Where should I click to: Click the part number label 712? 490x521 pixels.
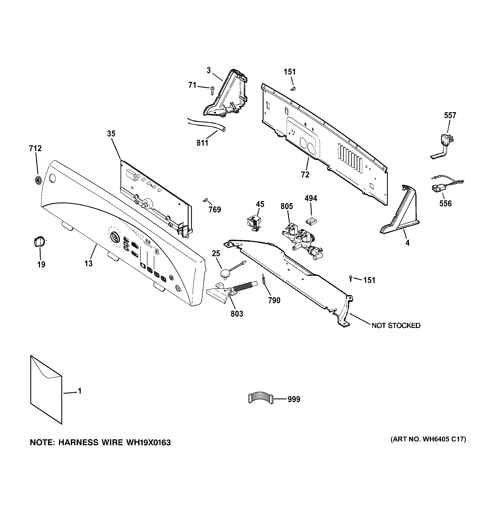(x=35, y=149)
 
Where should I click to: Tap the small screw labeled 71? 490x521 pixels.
(x=212, y=91)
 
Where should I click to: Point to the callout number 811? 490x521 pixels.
(x=202, y=143)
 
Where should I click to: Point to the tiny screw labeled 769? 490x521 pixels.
(x=205, y=200)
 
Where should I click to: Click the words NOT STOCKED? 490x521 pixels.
(x=396, y=325)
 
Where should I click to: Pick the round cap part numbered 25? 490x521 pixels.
(x=225, y=274)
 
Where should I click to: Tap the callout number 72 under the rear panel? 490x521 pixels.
(x=305, y=175)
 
